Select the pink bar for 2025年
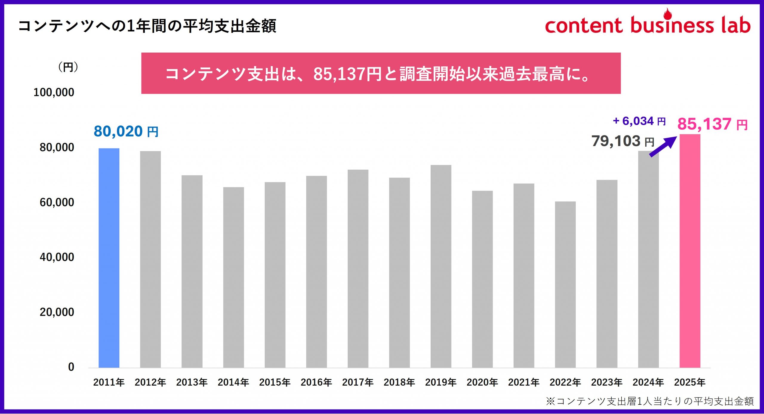[690, 251]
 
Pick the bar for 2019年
[441, 266]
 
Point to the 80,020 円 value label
[126, 131]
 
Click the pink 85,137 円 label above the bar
[712, 124]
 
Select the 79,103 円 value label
[623, 141]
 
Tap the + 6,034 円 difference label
[639, 121]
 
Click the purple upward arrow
[663, 146]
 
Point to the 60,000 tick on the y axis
[57, 202]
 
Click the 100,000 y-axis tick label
[54, 92]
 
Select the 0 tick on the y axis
[71, 367]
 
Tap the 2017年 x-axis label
[358, 382]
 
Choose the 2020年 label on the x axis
[482, 382]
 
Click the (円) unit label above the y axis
[68, 67]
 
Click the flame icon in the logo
[667, 14]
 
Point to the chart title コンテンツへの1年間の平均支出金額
[147, 26]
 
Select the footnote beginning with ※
[650, 401]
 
